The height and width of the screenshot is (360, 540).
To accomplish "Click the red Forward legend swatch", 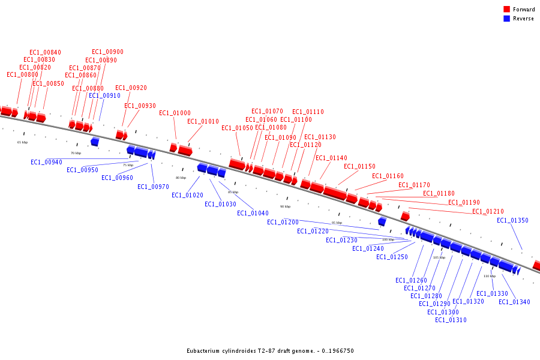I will tap(506, 10).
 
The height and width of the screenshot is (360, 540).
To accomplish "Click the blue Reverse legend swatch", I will tap(506, 19).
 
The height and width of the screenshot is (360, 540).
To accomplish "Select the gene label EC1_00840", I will tap(45, 53).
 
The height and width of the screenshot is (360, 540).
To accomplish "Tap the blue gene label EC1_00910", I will tap(104, 95).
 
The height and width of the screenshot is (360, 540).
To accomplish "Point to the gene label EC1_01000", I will tap(175, 113).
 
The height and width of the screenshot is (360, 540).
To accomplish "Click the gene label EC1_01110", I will tap(308, 112).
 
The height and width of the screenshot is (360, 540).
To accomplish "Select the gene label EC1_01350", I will tap(512, 220).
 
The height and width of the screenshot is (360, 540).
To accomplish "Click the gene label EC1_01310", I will tap(451, 320).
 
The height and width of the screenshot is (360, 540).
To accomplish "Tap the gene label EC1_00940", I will tap(46, 162).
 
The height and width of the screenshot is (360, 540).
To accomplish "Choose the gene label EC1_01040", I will tap(253, 213).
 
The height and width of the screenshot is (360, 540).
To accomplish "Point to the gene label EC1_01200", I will tap(283, 222).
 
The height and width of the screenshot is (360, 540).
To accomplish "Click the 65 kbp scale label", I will tap(23, 142).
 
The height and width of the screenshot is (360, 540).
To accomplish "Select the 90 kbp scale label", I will tap(285, 206).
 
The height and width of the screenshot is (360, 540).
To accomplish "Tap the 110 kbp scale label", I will tap(490, 276).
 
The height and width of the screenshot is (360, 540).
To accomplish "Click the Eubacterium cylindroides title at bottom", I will tap(270, 350).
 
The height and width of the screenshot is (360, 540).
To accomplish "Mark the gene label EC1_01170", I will tap(414, 185).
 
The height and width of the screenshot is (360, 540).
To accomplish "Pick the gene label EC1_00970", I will tap(153, 187).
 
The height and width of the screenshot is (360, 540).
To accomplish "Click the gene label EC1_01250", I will tap(392, 257).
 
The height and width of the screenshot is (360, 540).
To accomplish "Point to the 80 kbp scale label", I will tap(181, 178).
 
